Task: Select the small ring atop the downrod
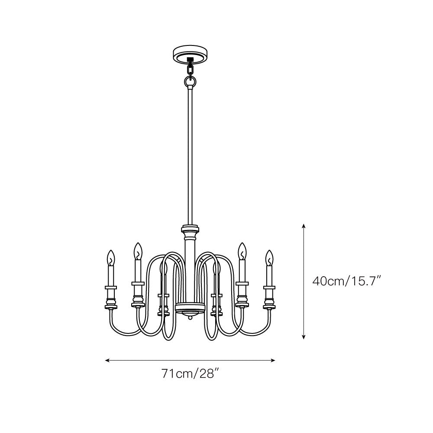coord(190,81)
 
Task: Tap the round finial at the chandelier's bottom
coord(190,318)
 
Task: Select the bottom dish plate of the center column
coord(190,308)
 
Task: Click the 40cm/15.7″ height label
coord(346,281)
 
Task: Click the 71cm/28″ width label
coord(188,373)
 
